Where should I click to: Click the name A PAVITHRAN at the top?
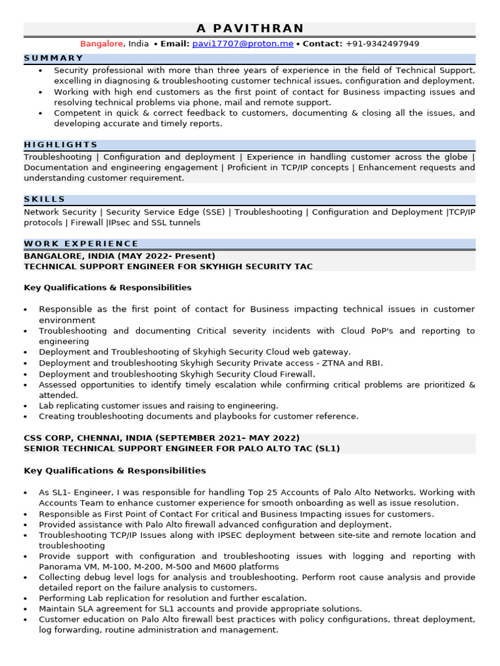[250, 28]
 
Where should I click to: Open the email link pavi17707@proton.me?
[243, 44]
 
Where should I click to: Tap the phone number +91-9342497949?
[382, 44]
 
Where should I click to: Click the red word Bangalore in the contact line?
[102, 44]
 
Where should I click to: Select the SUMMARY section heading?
[54, 58]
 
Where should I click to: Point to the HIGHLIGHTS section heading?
[61, 144]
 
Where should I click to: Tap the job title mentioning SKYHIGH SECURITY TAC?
[168, 266]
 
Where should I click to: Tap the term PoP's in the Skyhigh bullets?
[379, 331]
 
